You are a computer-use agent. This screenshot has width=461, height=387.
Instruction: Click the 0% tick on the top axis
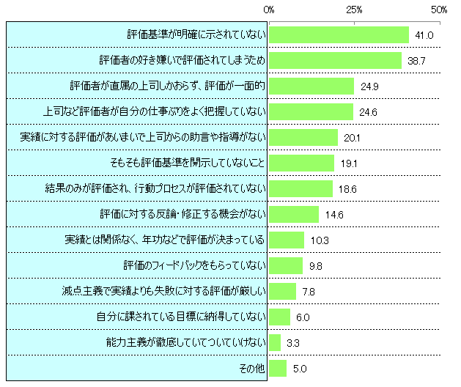pos(269,9)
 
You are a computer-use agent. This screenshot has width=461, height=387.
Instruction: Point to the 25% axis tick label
pos(354,9)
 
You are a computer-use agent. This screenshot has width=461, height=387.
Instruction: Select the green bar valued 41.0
pos(339,34)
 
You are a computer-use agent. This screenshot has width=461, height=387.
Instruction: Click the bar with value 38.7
pos(335,60)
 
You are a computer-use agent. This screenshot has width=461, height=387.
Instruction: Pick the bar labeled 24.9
pos(311,86)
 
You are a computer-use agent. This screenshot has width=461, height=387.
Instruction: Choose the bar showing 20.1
pos(303,137)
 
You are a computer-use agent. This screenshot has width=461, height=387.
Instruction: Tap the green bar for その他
pos(278,368)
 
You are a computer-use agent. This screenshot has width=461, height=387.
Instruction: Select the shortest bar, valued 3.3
pos(275,342)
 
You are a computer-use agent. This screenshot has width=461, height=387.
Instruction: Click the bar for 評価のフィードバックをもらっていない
pos(286,265)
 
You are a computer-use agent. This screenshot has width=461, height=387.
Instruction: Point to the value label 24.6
pos(368,112)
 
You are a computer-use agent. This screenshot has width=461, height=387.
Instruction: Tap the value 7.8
pos(309,292)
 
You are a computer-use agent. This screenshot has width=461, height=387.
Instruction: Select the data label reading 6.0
pos(303,317)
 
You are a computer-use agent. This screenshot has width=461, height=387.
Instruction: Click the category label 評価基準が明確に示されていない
pos(196,34)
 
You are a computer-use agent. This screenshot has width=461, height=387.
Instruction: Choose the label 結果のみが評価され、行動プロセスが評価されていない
pos(155,188)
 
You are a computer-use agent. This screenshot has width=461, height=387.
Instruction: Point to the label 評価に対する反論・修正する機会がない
pos(182,214)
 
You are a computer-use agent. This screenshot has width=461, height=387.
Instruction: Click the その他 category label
pos(252,368)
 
